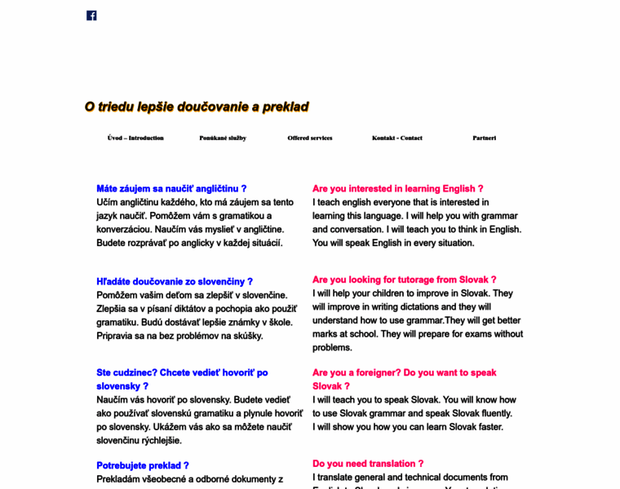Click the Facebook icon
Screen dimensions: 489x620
[x=91, y=15]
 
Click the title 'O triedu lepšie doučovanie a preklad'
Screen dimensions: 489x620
[x=197, y=107]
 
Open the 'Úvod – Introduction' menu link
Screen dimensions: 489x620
[x=135, y=138]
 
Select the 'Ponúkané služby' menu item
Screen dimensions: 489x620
[x=223, y=138]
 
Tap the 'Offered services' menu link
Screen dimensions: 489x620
[x=310, y=138]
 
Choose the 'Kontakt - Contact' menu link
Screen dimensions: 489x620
[x=397, y=138]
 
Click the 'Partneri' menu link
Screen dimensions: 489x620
[x=484, y=138]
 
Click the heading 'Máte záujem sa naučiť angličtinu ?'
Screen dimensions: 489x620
[x=171, y=188]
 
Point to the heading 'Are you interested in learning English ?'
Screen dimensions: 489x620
[x=397, y=188]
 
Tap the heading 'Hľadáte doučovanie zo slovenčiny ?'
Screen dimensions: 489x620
[x=175, y=281]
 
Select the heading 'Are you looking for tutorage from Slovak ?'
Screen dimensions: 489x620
[x=404, y=280]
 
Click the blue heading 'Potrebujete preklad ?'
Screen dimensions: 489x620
[x=143, y=465]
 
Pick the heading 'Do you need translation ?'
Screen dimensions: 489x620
[x=368, y=464]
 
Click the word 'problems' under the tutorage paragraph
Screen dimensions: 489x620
[x=331, y=347]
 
